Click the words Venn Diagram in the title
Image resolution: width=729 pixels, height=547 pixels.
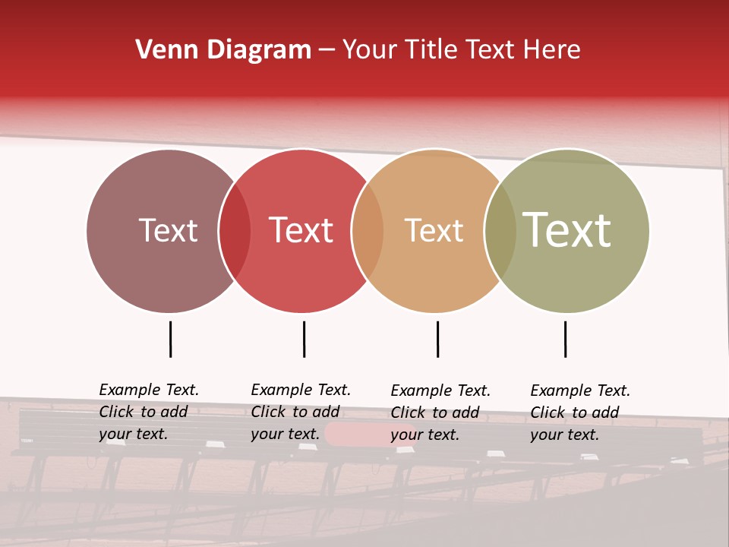[223, 50]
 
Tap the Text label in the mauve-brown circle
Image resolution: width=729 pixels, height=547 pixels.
[168, 230]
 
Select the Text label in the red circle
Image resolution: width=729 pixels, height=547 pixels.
[301, 230]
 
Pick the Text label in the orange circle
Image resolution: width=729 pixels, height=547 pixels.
[434, 230]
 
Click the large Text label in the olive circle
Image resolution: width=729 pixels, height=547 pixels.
[566, 229]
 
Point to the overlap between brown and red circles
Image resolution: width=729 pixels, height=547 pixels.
[235, 230]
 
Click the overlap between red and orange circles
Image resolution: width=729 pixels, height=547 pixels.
[368, 230]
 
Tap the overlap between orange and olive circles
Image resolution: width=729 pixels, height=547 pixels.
[500, 230]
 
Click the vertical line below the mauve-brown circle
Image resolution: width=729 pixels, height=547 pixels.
[171, 339]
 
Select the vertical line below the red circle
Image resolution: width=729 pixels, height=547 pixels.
[304, 339]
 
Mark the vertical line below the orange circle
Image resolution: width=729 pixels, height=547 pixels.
[437, 339]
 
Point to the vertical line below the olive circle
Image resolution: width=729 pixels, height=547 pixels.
[565, 339]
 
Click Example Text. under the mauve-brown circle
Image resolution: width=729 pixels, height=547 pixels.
[149, 390]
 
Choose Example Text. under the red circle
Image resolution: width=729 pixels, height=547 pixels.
[301, 390]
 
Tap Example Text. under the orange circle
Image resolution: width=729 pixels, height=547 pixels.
[440, 390]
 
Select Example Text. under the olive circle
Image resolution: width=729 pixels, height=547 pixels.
[580, 390]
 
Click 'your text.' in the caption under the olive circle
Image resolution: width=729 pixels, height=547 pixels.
[564, 435]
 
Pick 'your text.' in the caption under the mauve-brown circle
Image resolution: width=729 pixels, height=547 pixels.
[133, 435]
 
